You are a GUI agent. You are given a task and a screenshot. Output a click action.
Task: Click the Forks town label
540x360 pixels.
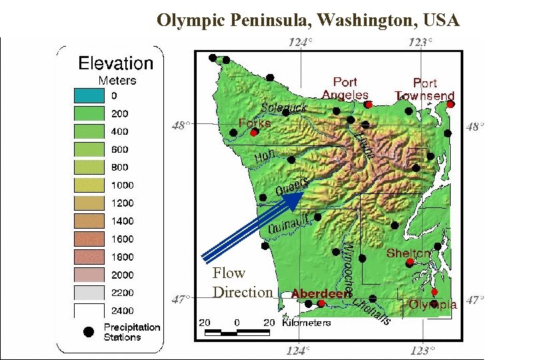click(x=255, y=123)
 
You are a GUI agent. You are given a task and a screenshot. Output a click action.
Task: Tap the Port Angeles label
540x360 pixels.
click(x=345, y=89)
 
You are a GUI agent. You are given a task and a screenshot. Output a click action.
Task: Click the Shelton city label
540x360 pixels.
click(x=409, y=253)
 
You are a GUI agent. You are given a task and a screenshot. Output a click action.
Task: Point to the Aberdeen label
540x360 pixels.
click(x=321, y=294)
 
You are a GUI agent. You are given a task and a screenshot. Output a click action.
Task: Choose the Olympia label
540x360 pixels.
click(x=433, y=305)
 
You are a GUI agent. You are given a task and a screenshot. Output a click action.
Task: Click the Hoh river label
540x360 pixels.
click(x=265, y=157)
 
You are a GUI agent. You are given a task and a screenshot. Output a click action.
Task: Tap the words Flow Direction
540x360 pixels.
click(x=242, y=283)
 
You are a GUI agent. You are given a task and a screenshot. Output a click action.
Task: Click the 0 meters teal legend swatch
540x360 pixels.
click(x=89, y=96)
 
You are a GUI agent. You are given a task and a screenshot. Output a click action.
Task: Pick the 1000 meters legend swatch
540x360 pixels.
click(x=89, y=185)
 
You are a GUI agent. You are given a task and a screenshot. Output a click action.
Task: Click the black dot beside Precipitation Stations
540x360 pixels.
click(x=87, y=332)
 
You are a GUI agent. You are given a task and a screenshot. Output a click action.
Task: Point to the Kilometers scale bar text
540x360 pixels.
click(x=306, y=323)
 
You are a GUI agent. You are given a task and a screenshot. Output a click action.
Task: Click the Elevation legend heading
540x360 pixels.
click(x=116, y=63)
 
